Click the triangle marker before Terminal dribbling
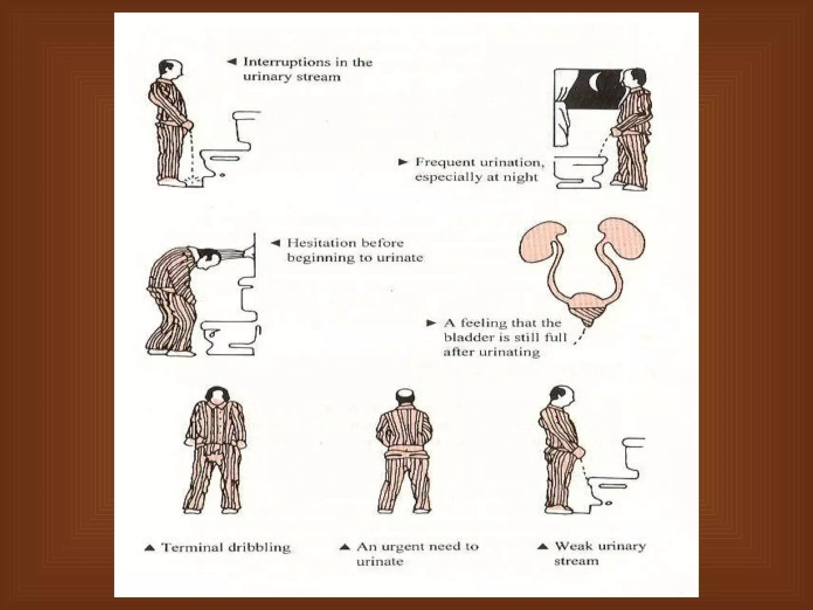point(150,548)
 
